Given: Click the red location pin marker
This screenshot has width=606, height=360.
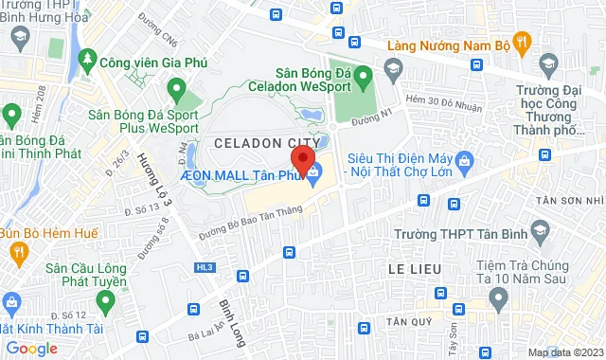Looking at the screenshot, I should click(302, 158).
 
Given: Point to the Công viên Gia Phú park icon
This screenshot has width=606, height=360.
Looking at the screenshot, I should click(89, 60).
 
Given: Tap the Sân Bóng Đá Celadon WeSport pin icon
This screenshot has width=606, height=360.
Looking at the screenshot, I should click(395, 67).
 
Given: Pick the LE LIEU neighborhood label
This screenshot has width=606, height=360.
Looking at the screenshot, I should click(415, 270).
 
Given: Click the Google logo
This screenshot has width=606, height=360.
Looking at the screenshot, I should click(32, 348).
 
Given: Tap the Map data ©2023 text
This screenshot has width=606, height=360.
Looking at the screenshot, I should click(563, 352).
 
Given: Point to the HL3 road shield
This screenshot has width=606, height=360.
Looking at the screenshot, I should click(205, 268).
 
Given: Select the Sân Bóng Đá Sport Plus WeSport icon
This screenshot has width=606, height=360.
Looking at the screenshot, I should click(175, 90).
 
